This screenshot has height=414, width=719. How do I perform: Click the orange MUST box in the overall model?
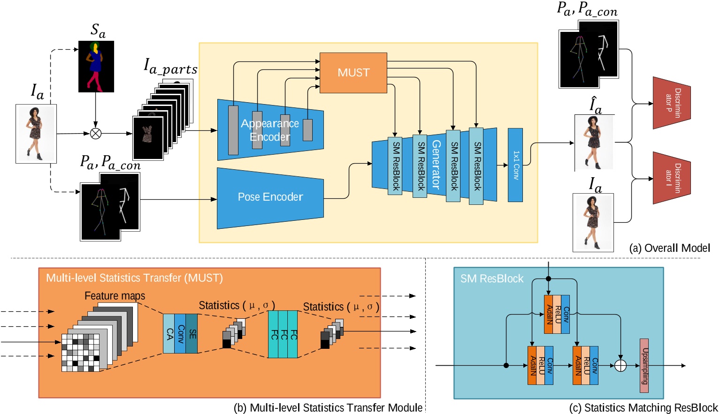pos(353,72)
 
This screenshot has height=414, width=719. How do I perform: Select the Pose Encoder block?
pos(270,197)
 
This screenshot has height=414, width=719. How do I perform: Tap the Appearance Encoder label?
pos(270,130)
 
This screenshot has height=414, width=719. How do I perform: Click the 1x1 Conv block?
pos(515,165)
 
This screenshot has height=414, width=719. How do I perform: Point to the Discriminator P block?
pos(672,103)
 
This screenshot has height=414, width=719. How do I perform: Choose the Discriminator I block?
pos(672,178)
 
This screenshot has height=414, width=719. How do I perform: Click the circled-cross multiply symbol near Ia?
pos(96,134)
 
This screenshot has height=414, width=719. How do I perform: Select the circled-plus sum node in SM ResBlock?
pos(620,366)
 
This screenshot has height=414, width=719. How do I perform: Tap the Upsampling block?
pos(644,366)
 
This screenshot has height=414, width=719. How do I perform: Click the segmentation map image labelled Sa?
pos(96,66)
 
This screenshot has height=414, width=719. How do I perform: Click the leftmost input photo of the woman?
pos(36,134)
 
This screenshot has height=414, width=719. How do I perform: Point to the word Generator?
pos(436,164)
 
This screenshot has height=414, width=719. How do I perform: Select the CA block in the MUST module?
pos(169,334)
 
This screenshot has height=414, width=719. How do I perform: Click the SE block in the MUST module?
pos(192,334)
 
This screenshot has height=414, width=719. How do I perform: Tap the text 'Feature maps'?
pos(115,296)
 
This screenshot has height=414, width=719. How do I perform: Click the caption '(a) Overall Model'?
pos(669,248)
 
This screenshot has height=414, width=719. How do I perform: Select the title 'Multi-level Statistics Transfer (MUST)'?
pos(134,278)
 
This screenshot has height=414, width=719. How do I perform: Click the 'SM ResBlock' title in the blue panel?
pos(491,279)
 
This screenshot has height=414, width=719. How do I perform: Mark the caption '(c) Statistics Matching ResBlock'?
pos(643,408)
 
